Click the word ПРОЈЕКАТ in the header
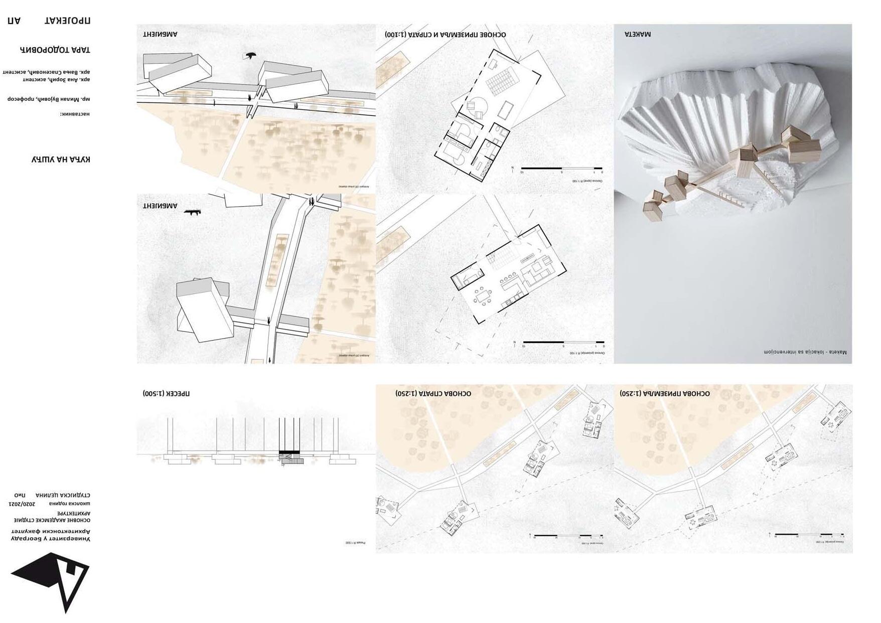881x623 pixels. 67,21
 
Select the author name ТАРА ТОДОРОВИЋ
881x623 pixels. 55,50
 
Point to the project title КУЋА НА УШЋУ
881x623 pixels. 61,160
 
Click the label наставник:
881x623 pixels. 75,114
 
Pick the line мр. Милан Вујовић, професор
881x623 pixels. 49,99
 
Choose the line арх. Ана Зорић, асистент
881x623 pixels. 56,79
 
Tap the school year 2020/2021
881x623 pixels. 23,503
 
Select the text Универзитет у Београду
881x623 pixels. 51,538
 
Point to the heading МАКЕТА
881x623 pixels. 638,35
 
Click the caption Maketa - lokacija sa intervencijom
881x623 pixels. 805,352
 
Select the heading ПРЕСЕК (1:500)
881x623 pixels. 166,394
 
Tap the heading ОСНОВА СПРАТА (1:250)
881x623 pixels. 433,394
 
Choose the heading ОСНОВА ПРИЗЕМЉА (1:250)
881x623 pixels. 665,394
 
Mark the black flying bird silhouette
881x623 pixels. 250,56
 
